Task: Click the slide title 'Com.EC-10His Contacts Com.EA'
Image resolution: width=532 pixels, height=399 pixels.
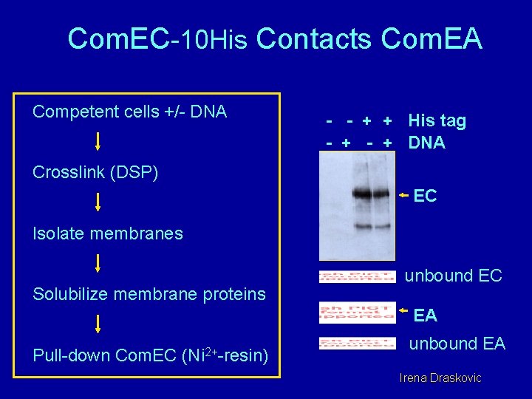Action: tap(275, 39)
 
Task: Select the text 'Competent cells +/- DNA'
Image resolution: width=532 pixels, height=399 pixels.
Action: tap(129, 112)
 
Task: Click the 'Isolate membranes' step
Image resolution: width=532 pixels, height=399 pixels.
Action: tap(108, 233)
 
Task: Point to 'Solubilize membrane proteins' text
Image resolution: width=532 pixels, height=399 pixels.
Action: tap(149, 294)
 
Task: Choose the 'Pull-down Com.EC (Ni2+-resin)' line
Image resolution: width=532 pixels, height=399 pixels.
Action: tap(150, 355)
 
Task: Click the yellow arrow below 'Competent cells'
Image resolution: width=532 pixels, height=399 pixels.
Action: tap(98, 140)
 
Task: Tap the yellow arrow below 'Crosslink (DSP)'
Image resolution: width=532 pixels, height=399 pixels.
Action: tap(98, 202)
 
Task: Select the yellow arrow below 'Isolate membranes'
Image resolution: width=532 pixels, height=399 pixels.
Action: tap(98, 263)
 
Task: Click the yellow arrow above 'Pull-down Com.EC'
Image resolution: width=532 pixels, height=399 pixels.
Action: tap(98, 324)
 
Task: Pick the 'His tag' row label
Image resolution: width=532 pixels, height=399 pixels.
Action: tap(437, 121)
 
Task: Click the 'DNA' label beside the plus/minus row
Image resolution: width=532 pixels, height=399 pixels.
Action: tap(426, 143)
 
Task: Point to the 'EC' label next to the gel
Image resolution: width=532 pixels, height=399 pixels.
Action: tap(425, 196)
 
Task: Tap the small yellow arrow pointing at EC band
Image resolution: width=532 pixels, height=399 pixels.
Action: tap(403, 195)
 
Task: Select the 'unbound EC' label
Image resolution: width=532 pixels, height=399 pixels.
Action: tap(453, 276)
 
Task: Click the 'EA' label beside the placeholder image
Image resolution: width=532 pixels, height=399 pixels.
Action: tap(425, 316)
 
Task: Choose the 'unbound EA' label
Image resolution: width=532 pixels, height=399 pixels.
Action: tap(457, 344)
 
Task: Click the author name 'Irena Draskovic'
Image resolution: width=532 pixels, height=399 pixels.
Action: tap(440, 378)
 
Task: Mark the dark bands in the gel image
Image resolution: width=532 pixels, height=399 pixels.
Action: tap(371, 196)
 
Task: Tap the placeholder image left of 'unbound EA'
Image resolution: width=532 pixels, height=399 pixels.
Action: tap(357, 344)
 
